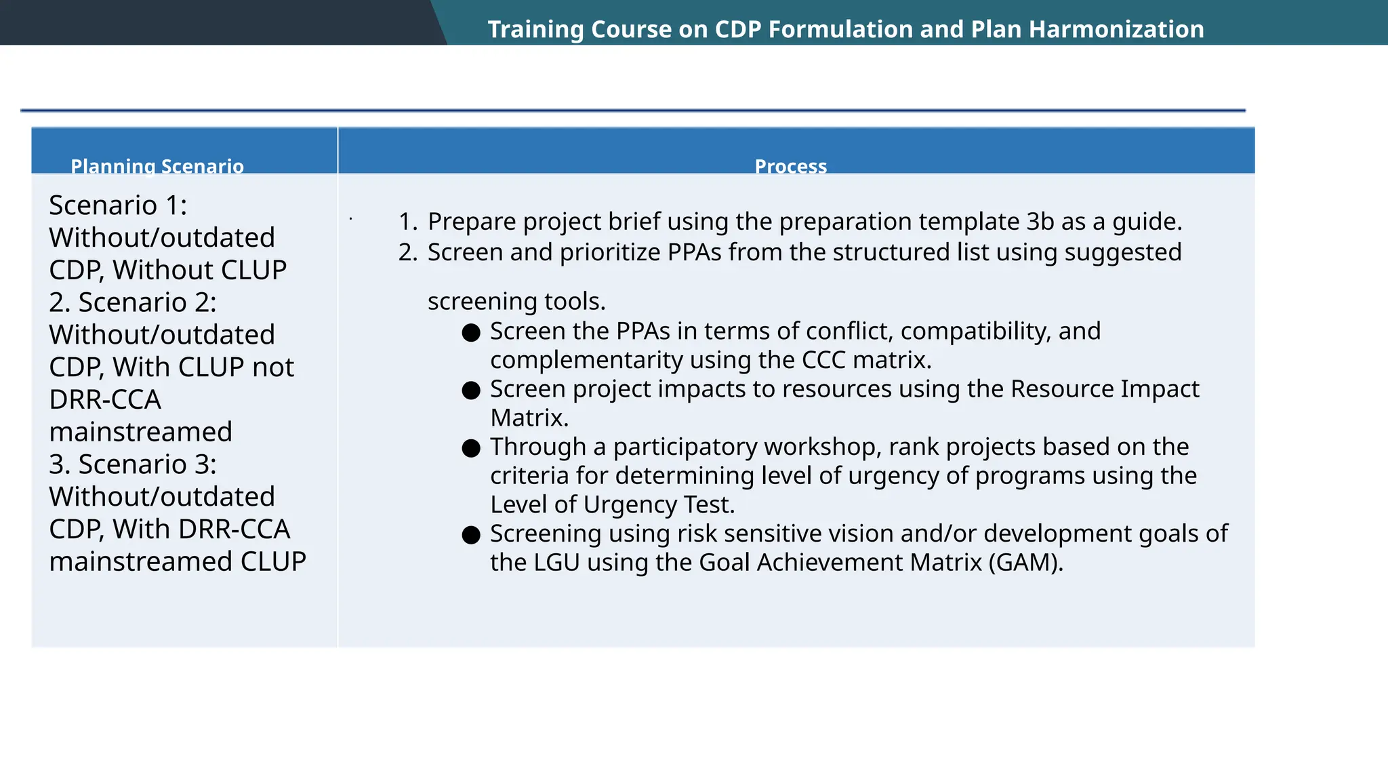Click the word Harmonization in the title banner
[x=1116, y=29]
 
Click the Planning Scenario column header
[x=157, y=166]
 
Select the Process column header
[x=790, y=166]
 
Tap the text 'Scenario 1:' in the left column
[x=118, y=205]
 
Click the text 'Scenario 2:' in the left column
[x=147, y=302]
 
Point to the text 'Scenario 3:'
[x=147, y=464]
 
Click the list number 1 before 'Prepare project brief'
[x=406, y=222]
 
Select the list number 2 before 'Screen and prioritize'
[x=406, y=252]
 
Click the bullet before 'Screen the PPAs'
[x=471, y=332]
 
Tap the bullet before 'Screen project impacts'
[x=471, y=390]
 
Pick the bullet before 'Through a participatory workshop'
[x=471, y=448]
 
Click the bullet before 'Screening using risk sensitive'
[x=471, y=535]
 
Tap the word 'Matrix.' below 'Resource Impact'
[x=529, y=418]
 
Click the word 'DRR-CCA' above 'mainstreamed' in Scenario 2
[x=105, y=399]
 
